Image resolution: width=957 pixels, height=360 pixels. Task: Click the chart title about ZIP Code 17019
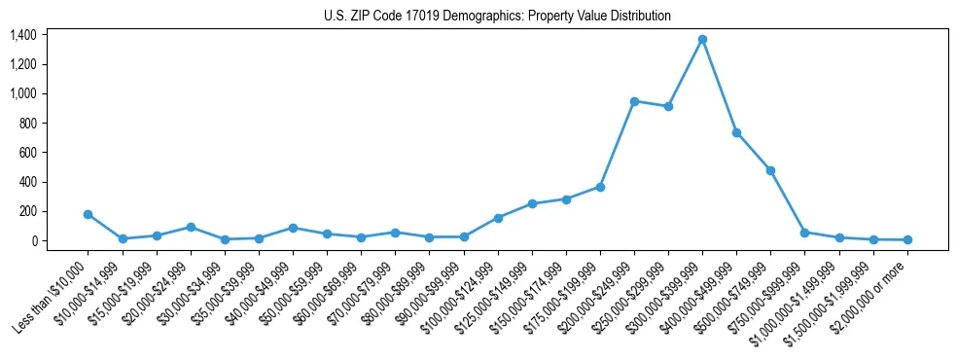pyautogui.click(x=497, y=17)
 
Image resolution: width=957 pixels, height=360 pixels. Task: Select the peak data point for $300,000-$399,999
pyautogui.click(x=702, y=40)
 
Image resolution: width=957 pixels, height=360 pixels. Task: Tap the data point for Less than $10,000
pyautogui.click(x=89, y=214)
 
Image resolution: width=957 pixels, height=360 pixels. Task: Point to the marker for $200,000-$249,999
pyautogui.click(x=634, y=101)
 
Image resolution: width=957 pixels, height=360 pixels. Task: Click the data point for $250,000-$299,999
pyautogui.click(x=668, y=106)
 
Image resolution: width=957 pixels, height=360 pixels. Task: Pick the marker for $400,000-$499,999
pyautogui.click(x=736, y=132)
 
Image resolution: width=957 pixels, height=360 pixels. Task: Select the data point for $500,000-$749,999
pyautogui.click(x=770, y=170)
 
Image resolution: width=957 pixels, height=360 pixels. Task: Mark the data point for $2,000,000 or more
pyautogui.click(x=907, y=239)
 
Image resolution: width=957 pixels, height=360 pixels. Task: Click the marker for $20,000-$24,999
pyautogui.click(x=191, y=227)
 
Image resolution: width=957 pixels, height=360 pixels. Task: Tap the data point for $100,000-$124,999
pyautogui.click(x=498, y=218)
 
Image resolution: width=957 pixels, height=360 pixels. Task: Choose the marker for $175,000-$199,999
pyautogui.click(x=600, y=187)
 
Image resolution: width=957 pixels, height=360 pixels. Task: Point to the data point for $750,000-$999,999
pyautogui.click(x=804, y=233)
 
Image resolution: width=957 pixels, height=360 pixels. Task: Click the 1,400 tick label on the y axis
pyautogui.click(x=23, y=35)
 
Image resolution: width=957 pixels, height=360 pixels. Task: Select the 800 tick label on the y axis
pyautogui.click(x=27, y=124)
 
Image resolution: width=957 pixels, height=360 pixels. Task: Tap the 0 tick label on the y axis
pyautogui.click(x=33, y=240)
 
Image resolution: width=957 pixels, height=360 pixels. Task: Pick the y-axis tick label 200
pyautogui.click(x=27, y=211)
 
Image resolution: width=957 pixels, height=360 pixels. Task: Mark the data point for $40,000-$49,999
pyautogui.click(x=293, y=228)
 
